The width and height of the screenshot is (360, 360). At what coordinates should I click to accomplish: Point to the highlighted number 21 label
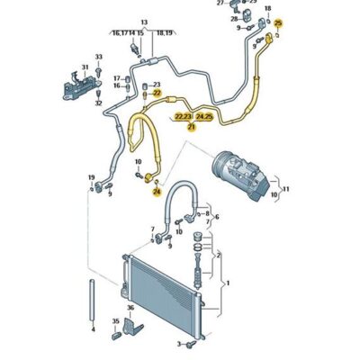tap(191, 128)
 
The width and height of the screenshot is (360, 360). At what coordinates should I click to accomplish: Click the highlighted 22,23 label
tap(183, 116)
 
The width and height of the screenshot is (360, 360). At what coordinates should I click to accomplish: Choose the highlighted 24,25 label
tap(204, 116)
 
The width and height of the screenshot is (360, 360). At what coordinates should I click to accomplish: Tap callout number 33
tap(99, 58)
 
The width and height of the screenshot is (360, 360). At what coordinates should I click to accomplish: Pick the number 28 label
tap(231, 18)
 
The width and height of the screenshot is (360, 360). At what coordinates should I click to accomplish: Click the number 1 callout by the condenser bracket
tap(229, 284)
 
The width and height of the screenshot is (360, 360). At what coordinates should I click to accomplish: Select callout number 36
tap(130, 309)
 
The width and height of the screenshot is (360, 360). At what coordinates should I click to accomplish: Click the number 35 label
tap(115, 321)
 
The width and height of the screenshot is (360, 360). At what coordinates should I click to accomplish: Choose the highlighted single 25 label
tap(278, 22)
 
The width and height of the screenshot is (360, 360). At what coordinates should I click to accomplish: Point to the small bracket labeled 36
tap(132, 324)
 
